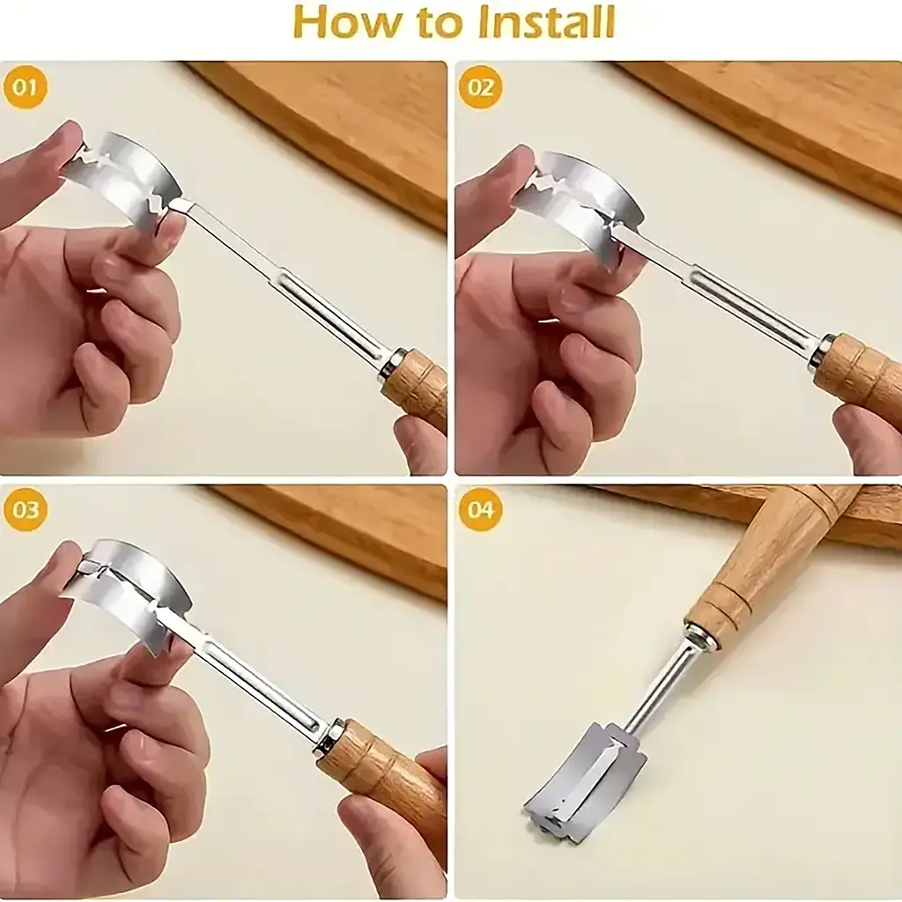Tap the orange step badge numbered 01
(x=25, y=88)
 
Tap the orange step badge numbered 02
(x=480, y=88)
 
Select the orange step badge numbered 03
(x=25, y=510)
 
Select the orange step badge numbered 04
(x=480, y=510)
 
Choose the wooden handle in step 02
(x=857, y=368)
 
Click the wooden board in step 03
(x=334, y=535)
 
